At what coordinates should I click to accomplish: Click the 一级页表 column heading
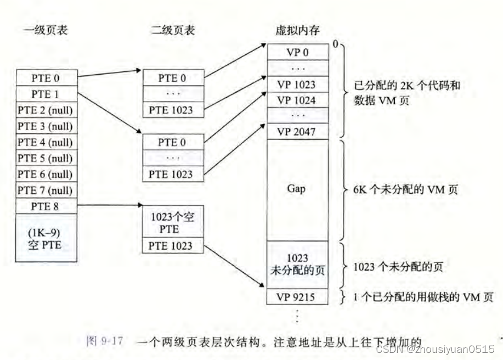click(46, 31)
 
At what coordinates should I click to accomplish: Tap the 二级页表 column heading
click(173, 31)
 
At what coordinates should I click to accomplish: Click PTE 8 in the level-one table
click(46, 206)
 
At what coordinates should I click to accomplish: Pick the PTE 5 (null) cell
click(46, 159)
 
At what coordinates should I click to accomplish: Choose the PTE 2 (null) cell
click(46, 110)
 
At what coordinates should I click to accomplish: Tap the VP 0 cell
click(297, 53)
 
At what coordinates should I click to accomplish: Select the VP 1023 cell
click(297, 85)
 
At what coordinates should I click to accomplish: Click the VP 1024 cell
click(297, 100)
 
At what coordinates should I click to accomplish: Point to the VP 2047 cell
click(297, 132)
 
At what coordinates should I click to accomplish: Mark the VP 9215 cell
click(297, 296)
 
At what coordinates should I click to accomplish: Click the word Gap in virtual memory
click(297, 188)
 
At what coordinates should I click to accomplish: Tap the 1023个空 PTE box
click(172, 222)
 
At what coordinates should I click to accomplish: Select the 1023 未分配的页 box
click(297, 263)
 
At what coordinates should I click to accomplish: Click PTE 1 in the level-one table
click(46, 94)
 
